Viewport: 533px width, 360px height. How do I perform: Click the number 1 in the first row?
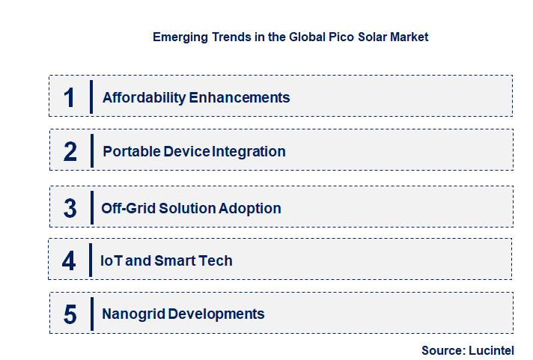tap(70, 97)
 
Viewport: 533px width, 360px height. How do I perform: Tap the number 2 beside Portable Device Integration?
tap(70, 152)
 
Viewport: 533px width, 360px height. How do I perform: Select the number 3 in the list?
tap(70, 208)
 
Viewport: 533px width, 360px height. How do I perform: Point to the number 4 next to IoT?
tap(70, 261)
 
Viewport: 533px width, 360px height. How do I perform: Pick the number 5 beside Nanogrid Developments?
tap(70, 314)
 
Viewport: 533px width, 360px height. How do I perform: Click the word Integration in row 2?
tap(249, 151)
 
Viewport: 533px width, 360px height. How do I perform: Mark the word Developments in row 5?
tap(216, 314)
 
